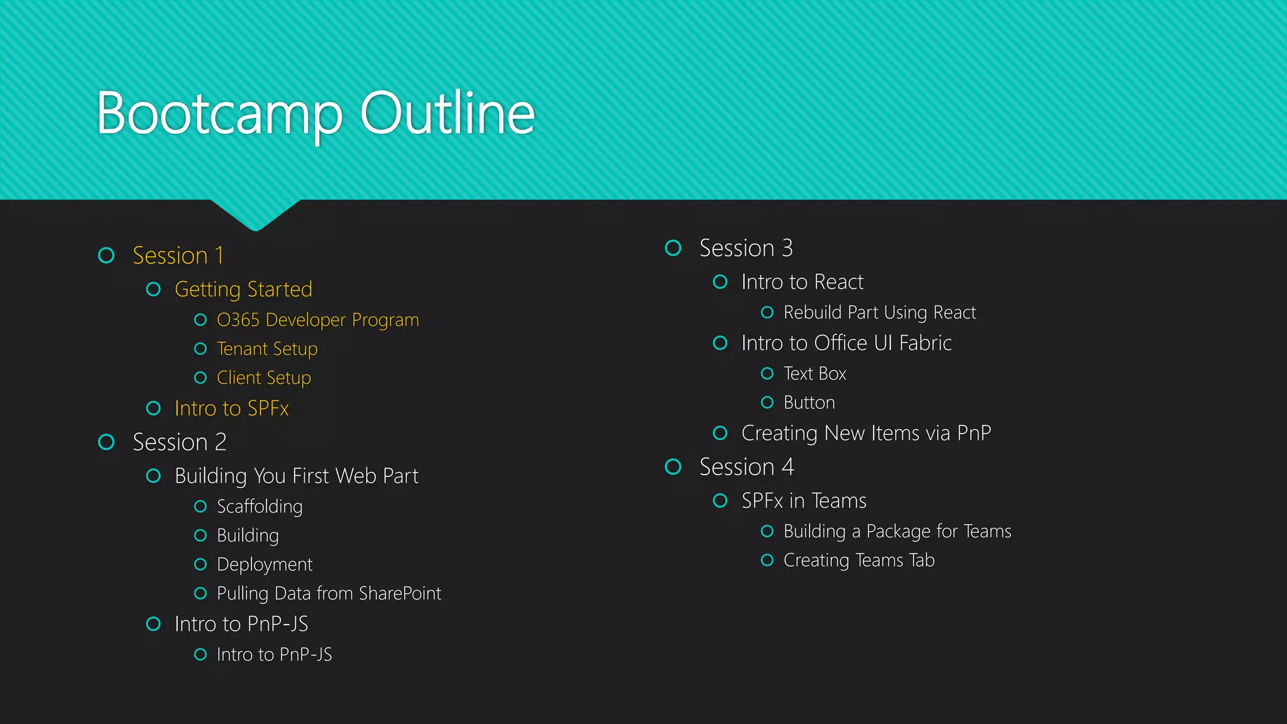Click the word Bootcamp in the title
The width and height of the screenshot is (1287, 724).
pyautogui.click(x=219, y=114)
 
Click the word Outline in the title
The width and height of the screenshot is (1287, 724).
pyautogui.click(x=447, y=114)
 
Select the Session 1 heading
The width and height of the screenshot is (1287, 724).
pyautogui.click(x=178, y=256)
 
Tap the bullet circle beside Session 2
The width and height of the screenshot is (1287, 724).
pyautogui.click(x=107, y=442)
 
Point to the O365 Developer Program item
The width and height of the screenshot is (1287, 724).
pyautogui.click(x=317, y=320)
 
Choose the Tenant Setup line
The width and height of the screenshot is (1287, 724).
pyautogui.click(x=267, y=349)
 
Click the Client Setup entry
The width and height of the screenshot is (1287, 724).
pyautogui.click(x=264, y=378)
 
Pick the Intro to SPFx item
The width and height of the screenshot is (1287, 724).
pyautogui.click(x=231, y=409)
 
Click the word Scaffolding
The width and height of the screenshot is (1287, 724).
pyautogui.click(x=260, y=507)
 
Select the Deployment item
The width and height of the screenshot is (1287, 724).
pyautogui.click(x=265, y=564)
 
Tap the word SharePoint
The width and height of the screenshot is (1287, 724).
pyautogui.click(x=400, y=593)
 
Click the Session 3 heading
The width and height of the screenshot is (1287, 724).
pyautogui.click(x=746, y=248)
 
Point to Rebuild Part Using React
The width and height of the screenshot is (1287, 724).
pyautogui.click(x=879, y=312)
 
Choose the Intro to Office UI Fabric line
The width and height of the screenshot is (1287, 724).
pyautogui.click(x=846, y=343)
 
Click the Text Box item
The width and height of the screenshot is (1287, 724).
pyautogui.click(x=814, y=374)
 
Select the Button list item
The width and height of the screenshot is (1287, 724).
pyautogui.click(x=809, y=403)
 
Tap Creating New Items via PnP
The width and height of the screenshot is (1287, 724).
pyautogui.click(x=866, y=433)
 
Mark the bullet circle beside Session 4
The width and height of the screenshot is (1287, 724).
pyautogui.click(x=673, y=467)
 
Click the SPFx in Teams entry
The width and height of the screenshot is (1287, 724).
pyautogui.click(x=804, y=501)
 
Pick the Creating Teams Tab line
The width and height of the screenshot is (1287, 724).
pyautogui.click(x=858, y=560)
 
